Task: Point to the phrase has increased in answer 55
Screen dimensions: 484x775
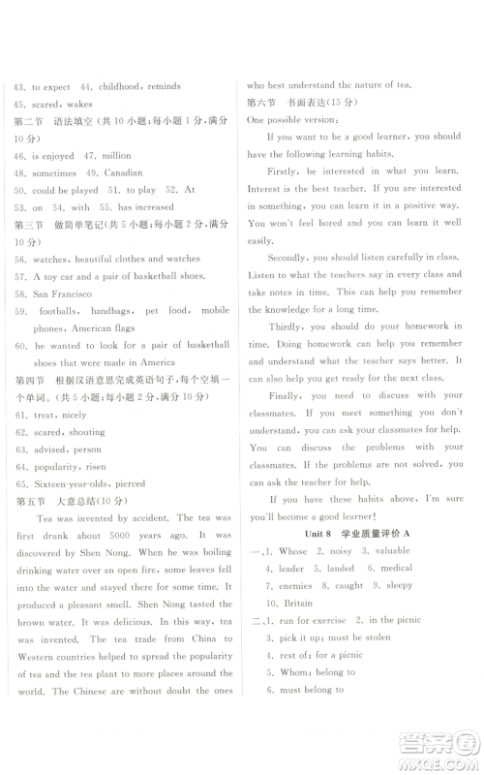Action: click(145, 207)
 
